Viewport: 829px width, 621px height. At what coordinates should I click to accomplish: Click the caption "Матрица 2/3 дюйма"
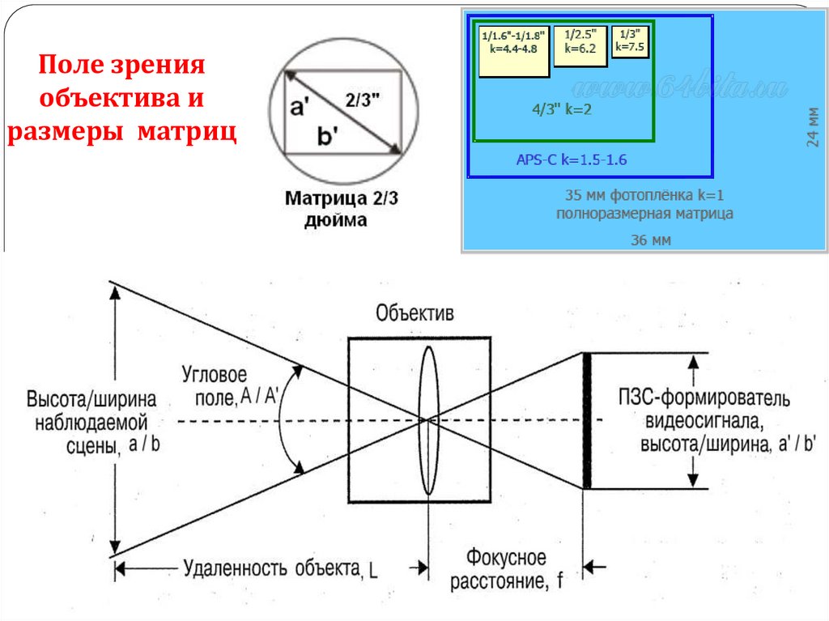click(334, 208)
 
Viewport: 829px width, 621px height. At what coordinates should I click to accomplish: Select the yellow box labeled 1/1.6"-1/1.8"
click(513, 50)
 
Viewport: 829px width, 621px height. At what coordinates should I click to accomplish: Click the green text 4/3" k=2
click(562, 109)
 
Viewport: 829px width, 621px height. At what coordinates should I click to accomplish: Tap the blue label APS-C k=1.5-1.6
click(572, 160)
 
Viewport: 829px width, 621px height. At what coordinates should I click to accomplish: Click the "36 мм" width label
click(651, 240)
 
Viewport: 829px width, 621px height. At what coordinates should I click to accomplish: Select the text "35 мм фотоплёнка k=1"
click(644, 196)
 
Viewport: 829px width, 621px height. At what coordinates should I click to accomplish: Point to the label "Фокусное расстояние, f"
click(506, 568)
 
